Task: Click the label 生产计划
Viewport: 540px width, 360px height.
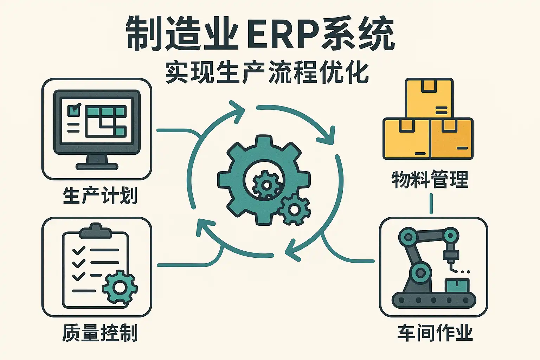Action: click(x=100, y=196)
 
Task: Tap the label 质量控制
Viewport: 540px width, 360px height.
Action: click(x=100, y=333)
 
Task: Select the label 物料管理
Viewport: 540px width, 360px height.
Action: click(x=430, y=179)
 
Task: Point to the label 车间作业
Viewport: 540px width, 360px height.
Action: click(x=435, y=333)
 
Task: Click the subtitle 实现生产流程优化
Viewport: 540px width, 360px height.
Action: click(x=267, y=72)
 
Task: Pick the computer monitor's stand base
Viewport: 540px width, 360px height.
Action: click(x=97, y=166)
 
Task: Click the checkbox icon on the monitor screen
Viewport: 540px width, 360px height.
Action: click(x=74, y=110)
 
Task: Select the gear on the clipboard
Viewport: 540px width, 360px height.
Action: click(x=120, y=287)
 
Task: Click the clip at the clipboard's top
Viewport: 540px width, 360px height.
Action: click(x=96, y=231)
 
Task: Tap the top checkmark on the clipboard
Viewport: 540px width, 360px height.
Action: click(x=78, y=250)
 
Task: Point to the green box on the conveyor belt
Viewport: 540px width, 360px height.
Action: click(x=457, y=285)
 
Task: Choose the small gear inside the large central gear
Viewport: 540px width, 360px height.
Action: click(x=266, y=185)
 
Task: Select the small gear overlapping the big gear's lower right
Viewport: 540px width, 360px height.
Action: click(x=294, y=210)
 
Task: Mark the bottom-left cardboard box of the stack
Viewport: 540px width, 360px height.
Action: click(x=406, y=139)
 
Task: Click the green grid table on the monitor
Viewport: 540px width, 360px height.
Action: click(x=105, y=121)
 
